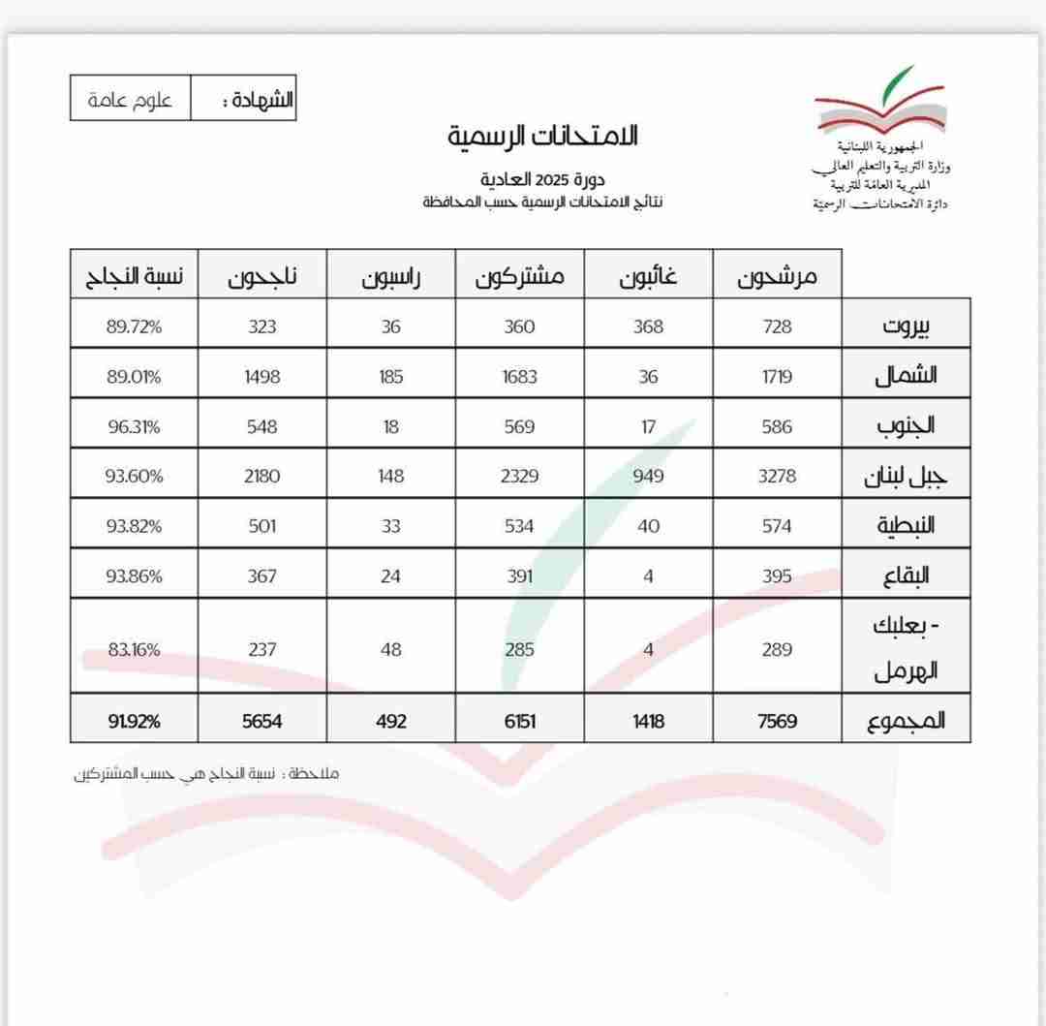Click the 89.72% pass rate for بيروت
pos(134,326)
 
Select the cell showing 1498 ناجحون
pos(261,377)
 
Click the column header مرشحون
pos(777,277)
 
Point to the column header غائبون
pos(648,277)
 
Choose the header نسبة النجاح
pos(134,277)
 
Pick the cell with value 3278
pos(777,477)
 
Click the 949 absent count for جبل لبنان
pos(648,477)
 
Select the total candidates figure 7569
pos(777,721)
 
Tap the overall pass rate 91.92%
pos(134,721)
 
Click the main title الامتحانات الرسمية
pos(542,136)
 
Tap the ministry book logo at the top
pos(877,103)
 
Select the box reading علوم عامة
pos(130,101)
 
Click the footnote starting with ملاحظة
pos(207,773)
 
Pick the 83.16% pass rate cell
pos(134,649)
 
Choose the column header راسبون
pos(390,277)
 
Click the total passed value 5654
pos(261,721)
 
